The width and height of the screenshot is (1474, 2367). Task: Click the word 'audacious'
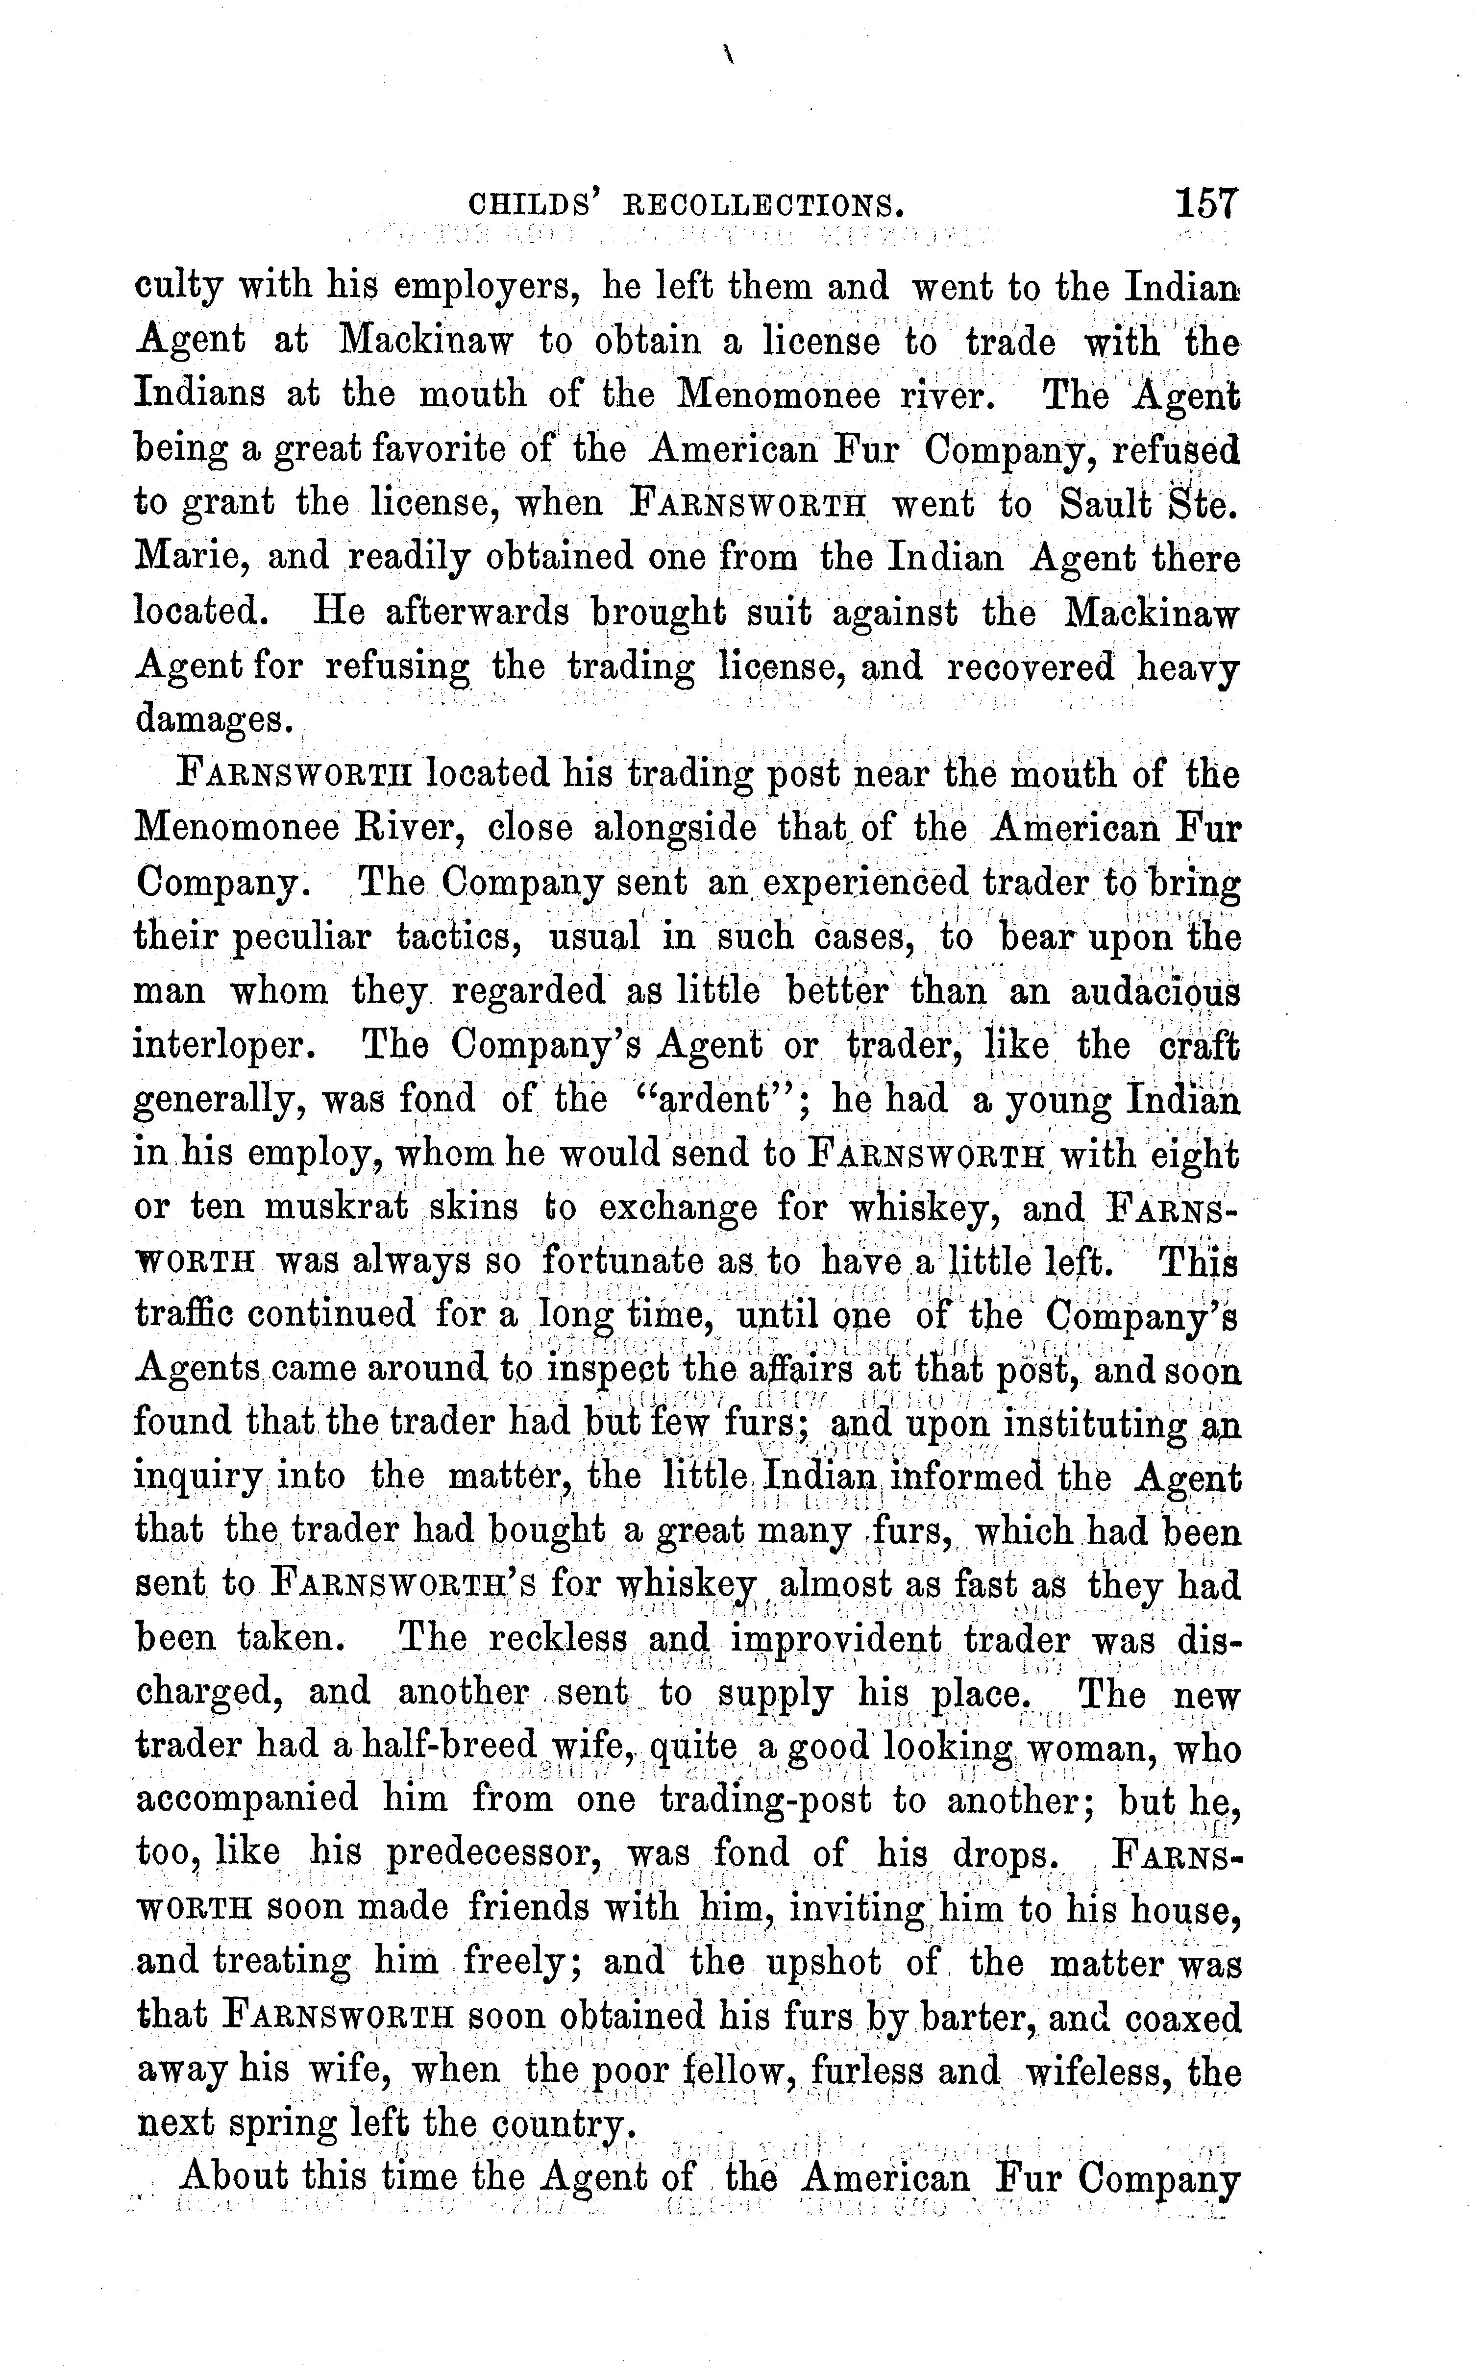tap(1155, 992)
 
